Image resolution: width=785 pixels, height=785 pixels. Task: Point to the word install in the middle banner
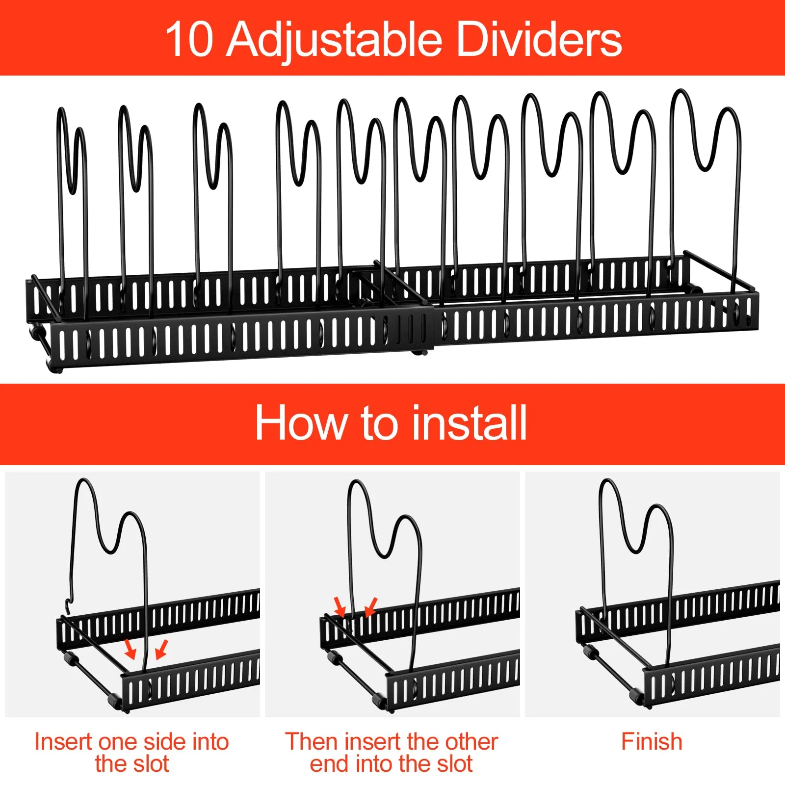(470, 422)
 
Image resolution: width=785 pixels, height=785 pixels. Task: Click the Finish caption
(652, 741)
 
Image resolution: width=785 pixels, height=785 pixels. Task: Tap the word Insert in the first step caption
(63, 741)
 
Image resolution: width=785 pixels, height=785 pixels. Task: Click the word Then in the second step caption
(311, 741)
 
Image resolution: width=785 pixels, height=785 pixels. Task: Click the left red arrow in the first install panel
(130, 649)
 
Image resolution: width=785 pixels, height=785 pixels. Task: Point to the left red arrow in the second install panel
(340, 606)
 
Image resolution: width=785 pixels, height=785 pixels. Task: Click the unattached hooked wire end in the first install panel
(68, 607)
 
